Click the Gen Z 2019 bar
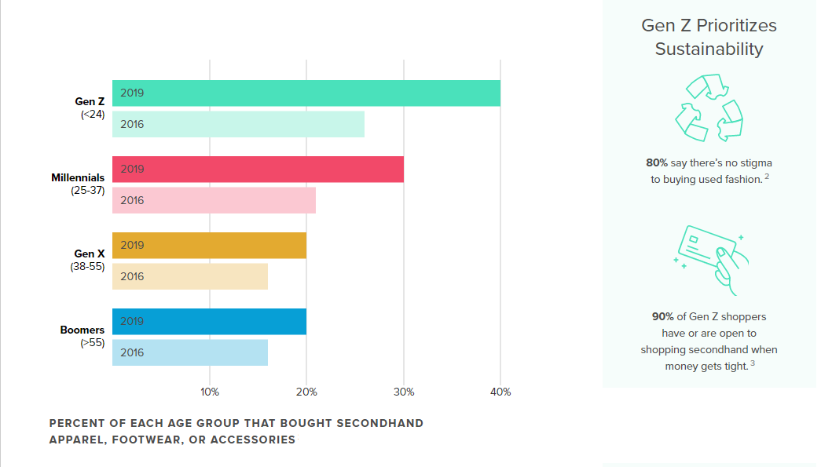click(x=306, y=93)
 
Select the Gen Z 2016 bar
click(x=238, y=124)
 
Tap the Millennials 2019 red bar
click(x=258, y=170)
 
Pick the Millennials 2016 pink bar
click(x=214, y=200)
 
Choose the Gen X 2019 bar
click(x=209, y=246)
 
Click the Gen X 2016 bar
click(x=190, y=276)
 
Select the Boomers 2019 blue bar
click(x=209, y=322)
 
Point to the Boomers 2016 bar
click(x=190, y=352)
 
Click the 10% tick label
click(x=210, y=392)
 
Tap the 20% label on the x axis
click(x=306, y=392)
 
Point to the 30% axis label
click(x=404, y=392)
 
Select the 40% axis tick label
click(x=500, y=392)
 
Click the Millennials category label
click(x=78, y=178)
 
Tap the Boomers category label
click(x=82, y=330)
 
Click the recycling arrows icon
click(x=709, y=108)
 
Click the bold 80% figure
click(x=656, y=163)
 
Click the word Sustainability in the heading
click(x=709, y=49)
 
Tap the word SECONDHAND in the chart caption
click(x=379, y=423)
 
